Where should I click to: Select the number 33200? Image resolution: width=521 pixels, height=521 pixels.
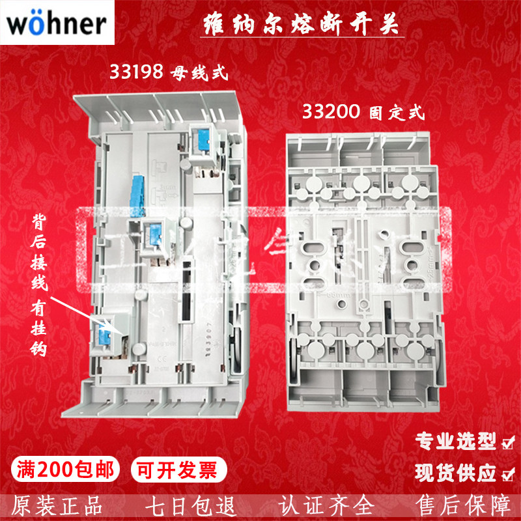(331, 112)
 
